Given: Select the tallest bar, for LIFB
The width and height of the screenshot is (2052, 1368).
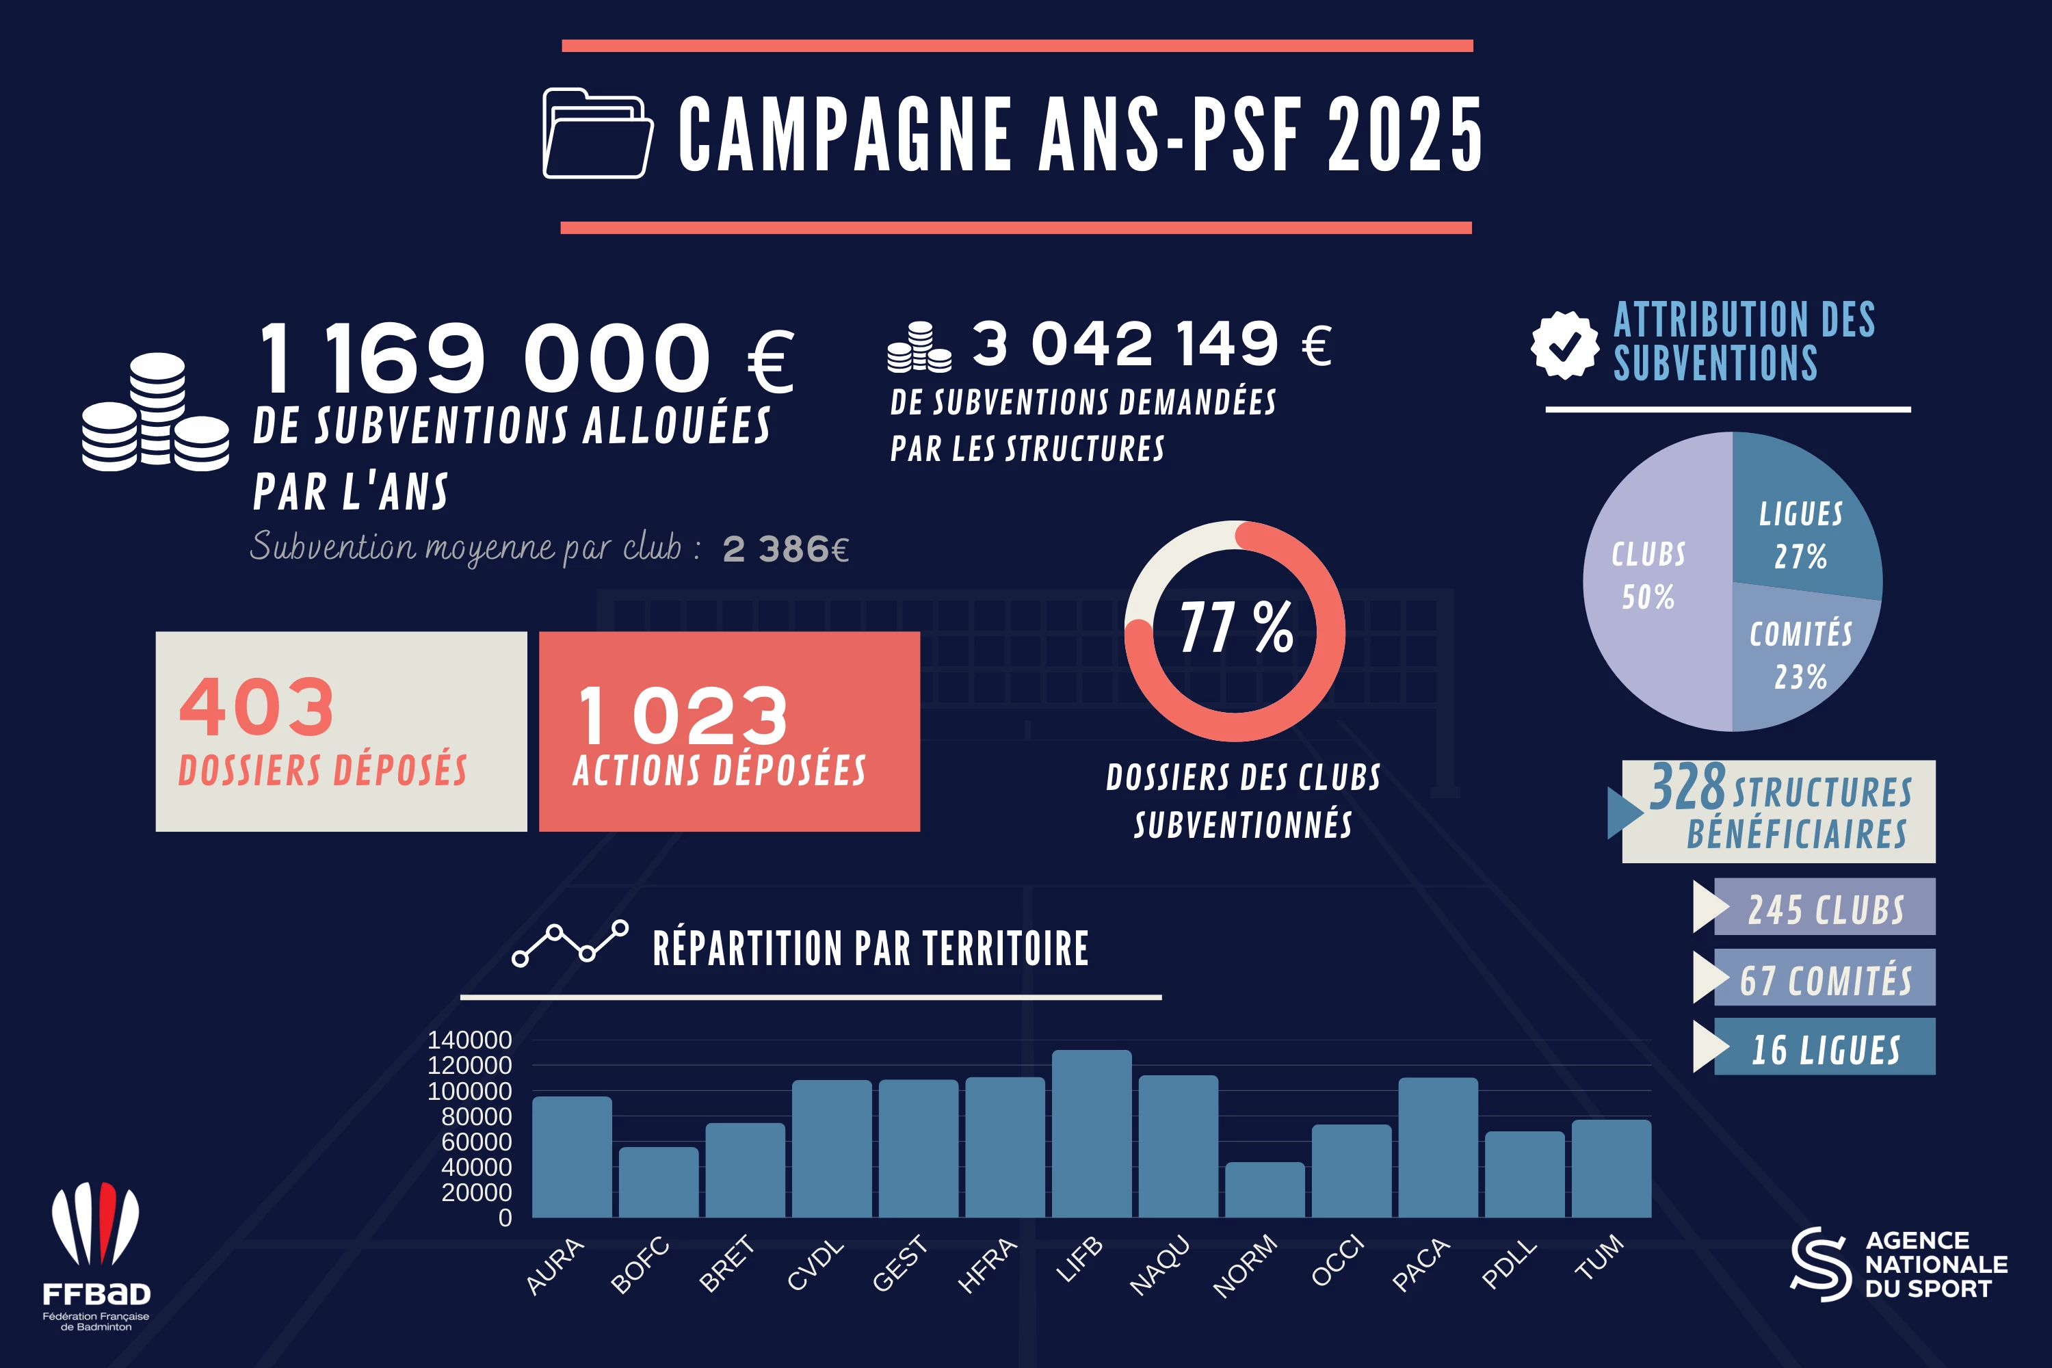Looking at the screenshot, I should pos(1092,1134).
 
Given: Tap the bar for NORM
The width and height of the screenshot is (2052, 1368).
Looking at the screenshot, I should pos(1264,1190).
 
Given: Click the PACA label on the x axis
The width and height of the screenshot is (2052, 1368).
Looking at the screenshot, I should pos(1421,1264).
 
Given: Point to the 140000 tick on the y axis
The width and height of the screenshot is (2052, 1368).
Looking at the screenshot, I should pos(469,1040).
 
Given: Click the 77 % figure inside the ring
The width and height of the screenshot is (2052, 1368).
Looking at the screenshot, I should pos(1235,627).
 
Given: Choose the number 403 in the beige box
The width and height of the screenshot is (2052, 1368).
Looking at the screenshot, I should pos(256,707).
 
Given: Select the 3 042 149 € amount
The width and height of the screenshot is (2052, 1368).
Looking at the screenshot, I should pos(1152,344).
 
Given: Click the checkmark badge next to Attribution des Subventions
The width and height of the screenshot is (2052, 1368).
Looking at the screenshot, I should pos(1564,345).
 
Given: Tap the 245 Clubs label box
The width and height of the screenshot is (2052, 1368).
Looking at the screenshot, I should pos(1824,908).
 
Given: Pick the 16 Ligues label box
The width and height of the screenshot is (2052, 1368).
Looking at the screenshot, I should pos(1824,1047).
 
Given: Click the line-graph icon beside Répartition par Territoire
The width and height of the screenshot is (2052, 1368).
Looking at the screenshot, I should pos(570,944).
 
